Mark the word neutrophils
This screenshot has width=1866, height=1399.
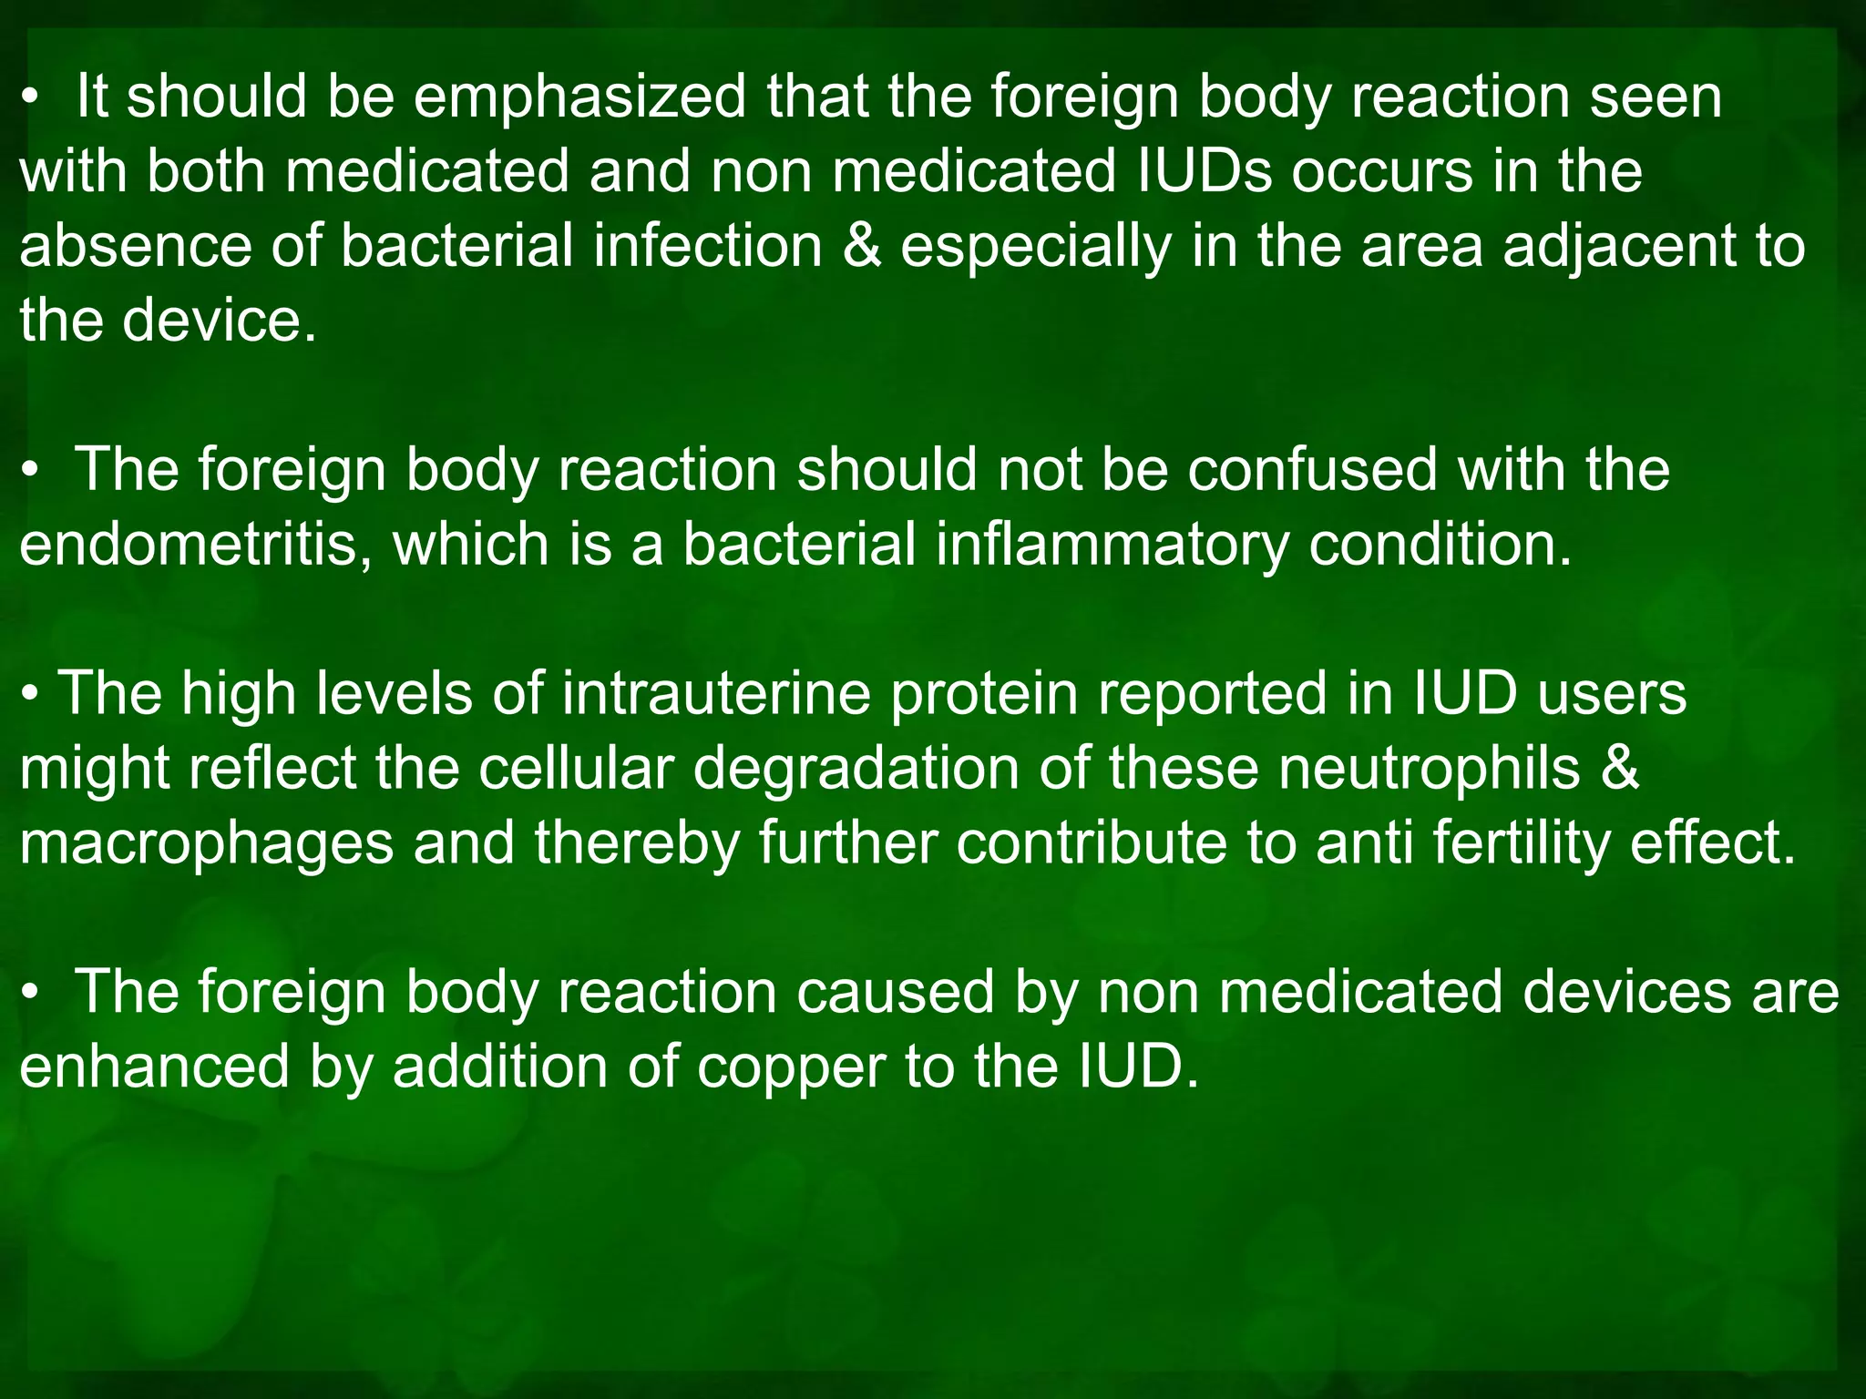click(x=1429, y=770)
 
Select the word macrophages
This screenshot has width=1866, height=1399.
click(x=207, y=844)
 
